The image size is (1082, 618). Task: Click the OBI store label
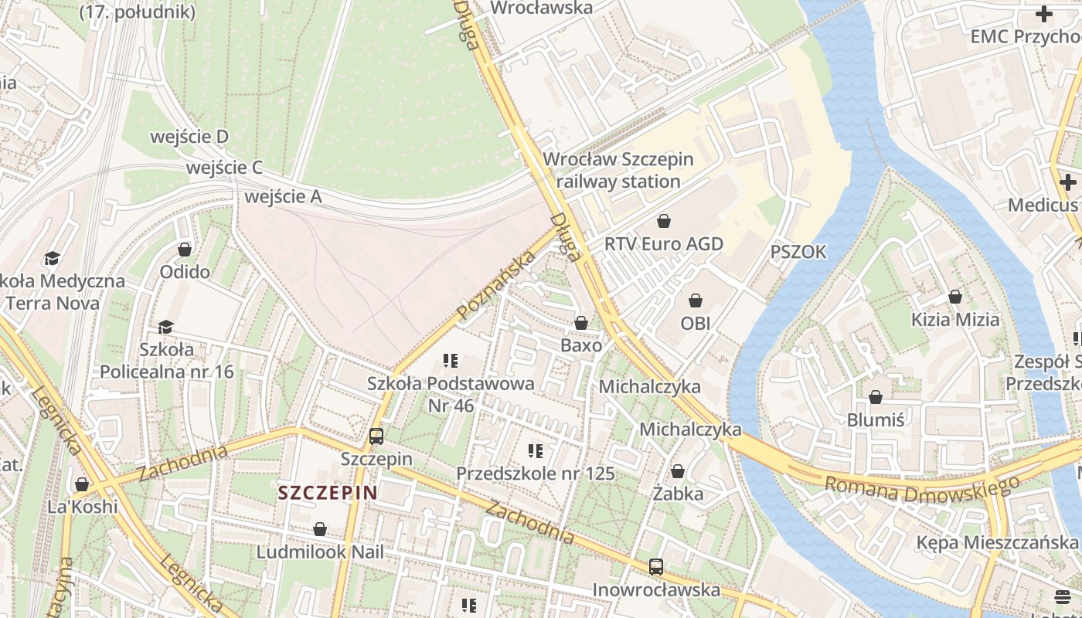click(696, 323)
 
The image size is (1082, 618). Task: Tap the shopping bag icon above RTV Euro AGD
click(663, 222)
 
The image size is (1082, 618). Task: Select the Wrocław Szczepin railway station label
click(618, 171)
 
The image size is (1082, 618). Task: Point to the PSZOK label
click(798, 252)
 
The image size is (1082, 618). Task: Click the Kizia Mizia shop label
click(955, 319)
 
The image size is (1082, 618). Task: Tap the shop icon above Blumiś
click(876, 398)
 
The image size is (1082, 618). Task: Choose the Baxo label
click(581, 345)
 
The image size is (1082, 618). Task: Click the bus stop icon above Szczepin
click(376, 436)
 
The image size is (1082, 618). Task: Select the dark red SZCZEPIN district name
click(328, 493)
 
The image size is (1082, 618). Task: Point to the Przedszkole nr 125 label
click(535, 474)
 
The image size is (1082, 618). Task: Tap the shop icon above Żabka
click(678, 471)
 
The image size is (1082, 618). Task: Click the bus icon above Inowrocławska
click(656, 567)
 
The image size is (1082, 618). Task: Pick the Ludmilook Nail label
click(320, 552)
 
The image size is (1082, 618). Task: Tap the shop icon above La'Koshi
click(82, 484)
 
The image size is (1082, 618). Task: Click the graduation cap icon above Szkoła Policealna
click(165, 328)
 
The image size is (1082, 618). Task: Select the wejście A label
click(283, 197)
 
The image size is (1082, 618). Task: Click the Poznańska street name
click(496, 285)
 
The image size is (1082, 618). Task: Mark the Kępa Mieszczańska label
click(997, 542)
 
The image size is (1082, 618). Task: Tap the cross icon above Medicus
click(1068, 182)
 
